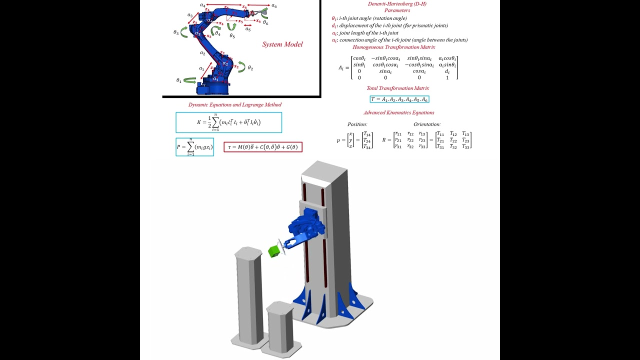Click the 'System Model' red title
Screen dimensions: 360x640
(x=282, y=44)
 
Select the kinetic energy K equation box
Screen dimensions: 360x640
(x=228, y=122)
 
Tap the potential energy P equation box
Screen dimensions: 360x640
(x=194, y=147)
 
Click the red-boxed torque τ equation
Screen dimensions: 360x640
(x=263, y=147)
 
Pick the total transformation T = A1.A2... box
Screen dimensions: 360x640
(x=399, y=99)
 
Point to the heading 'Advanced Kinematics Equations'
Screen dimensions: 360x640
(x=398, y=113)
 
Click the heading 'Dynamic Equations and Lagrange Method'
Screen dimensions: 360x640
(x=234, y=105)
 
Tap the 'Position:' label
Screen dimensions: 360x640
(x=357, y=124)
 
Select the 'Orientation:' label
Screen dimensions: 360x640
(x=426, y=124)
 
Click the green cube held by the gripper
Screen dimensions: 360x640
(x=273, y=251)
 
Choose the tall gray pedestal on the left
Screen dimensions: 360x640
(x=248, y=295)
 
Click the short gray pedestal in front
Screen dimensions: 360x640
(x=280, y=327)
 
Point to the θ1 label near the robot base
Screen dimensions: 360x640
(x=178, y=80)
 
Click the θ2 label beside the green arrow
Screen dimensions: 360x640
(x=250, y=68)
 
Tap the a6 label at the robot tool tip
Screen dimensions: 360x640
(x=274, y=6)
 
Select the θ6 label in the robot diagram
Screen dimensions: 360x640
(x=265, y=23)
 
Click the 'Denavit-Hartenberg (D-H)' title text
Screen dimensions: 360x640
(x=397, y=4)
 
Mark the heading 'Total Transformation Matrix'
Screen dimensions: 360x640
(x=397, y=88)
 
